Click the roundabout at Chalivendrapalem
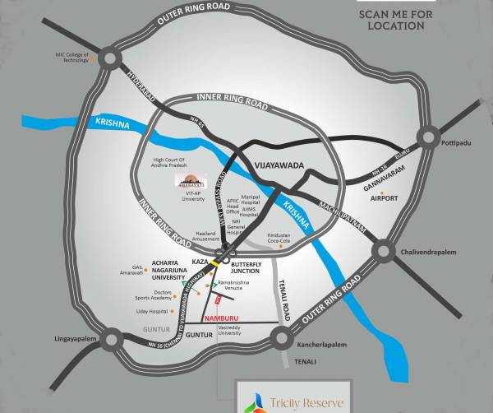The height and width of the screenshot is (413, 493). click(384, 252)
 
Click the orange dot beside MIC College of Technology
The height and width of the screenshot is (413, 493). click(93, 58)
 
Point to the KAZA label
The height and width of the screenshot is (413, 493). click(199, 261)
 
